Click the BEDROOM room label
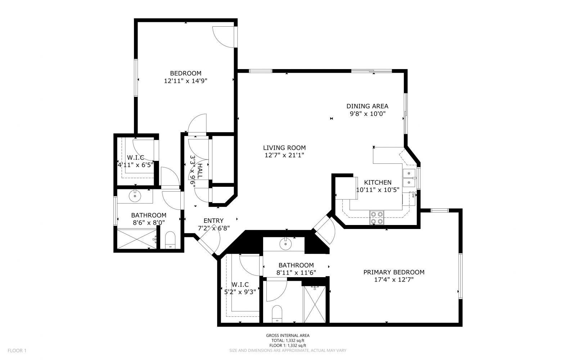click(x=185, y=73)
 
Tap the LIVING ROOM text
click(x=284, y=148)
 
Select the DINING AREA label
click(x=367, y=106)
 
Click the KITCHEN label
click(x=378, y=183)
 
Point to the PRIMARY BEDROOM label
click(x=393, y=272)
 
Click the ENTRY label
click(x=213, y=221)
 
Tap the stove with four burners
click(x=377, y=218)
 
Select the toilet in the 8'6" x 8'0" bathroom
click(x=170, y=240)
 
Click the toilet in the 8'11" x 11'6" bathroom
click(x=277, y=314)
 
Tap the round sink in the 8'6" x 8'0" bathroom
click(x=135, y=197)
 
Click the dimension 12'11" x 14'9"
click(x=185, y=81)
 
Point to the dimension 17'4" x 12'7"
click(x=393, y=280)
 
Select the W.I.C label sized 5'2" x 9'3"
click(x=240, y=284)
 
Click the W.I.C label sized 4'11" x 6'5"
click(x=135, y=157)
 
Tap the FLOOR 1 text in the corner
click(x=17, y=350)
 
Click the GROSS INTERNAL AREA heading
click(x=288, y=336)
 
